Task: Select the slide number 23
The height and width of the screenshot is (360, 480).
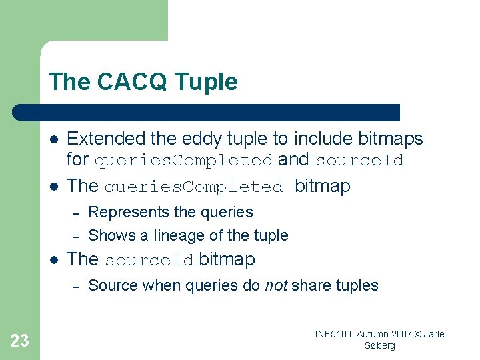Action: click(20, 341)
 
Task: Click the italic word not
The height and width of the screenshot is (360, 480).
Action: click(276, 286)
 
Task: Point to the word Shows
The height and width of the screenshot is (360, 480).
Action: click(108, 235)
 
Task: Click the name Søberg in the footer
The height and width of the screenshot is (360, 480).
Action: click(380, 345)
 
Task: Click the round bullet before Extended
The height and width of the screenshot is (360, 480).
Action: click(53, 139)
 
